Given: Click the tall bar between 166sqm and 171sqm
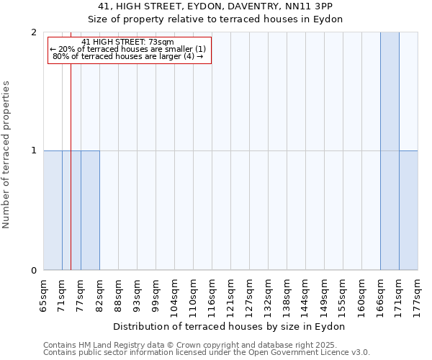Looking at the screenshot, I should pos(390,151).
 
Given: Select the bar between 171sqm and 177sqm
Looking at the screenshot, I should pos(408,210).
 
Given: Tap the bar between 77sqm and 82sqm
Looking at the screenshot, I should pos(90,210).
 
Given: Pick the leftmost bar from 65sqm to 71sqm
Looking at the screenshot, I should pos(53,210).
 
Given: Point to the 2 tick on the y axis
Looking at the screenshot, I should pos(34,32).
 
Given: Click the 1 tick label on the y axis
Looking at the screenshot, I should pos(34,150).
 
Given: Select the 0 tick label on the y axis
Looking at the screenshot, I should pos(34,270).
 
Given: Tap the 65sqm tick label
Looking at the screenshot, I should pos(44,296).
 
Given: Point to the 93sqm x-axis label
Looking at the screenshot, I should pos(138,296).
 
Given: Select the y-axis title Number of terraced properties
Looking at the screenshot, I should pos(7,155).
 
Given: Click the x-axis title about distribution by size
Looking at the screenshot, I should pos(230,326).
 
